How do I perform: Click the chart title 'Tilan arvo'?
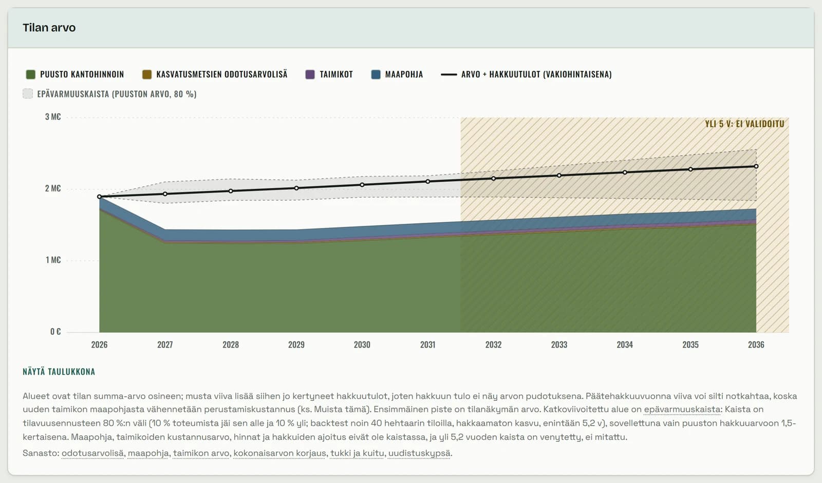[x=49, y=28]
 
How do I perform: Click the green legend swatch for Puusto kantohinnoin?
[x=31, y=74]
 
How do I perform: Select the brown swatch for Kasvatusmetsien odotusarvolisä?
[x=147, y=74]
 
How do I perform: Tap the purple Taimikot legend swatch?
[x=310, y=74]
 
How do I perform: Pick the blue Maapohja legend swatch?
[x=376, y=74]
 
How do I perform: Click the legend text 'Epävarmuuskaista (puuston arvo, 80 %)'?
[x=117, y=94]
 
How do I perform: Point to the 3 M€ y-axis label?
[x=53, y=117]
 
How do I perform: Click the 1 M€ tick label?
[x=53, y=260]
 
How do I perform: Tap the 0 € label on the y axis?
[x=55, y=332]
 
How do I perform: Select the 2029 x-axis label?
[x=296, y=345]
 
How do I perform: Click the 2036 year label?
[x=756, y=345]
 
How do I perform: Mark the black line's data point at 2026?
[x=100, y=197]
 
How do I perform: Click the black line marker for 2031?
[x=428, y=182]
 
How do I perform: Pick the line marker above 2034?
[x=625, y=172]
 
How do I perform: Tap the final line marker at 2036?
[x=756, y=166]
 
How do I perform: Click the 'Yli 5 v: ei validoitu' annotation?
[x=744, y=124]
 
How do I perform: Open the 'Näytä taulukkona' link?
[x=59, y=372]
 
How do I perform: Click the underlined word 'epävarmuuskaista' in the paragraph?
[x=682, y=409]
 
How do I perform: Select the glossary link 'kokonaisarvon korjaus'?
[x=279, y=453]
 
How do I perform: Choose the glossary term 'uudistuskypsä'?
[x=419, y=453]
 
